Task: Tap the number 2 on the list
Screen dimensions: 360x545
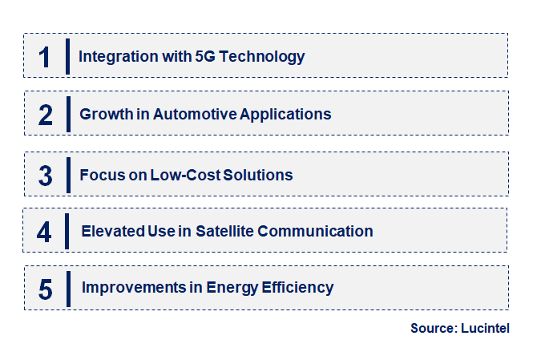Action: coord(45,115)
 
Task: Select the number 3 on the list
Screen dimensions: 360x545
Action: coord(45,175)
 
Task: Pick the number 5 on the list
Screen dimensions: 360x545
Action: coord(45,288)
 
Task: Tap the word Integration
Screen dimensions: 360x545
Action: coord(118,57)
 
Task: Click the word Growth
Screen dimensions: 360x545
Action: coord(106,115)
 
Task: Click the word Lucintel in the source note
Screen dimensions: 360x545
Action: coord(486,328)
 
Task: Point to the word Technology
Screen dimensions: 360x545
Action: coord(265,57)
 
